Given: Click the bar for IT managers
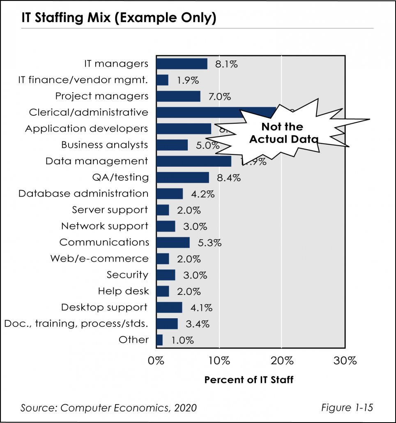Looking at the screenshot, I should click(x=182, y=64).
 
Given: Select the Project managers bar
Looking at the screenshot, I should click(x=178, y=96).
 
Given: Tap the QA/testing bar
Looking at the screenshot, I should click(x=182, y=177).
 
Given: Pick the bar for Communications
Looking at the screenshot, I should click(x=173, y=242).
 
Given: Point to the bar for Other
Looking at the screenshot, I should click(x=159, y=340).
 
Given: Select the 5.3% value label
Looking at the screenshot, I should click(x=210, y=243).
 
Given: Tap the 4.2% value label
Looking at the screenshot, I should click(x=203, y=194).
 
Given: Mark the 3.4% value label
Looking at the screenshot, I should click(x=198, y=324).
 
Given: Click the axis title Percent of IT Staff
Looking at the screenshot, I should click(x=249, y=380).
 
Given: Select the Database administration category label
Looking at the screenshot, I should click(x=83, y=193).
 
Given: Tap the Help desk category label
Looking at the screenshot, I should click(x=123, y=291).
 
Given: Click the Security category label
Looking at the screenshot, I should click(x=127, y=275).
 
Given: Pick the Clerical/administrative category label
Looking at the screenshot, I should click(x=88, y=112).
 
